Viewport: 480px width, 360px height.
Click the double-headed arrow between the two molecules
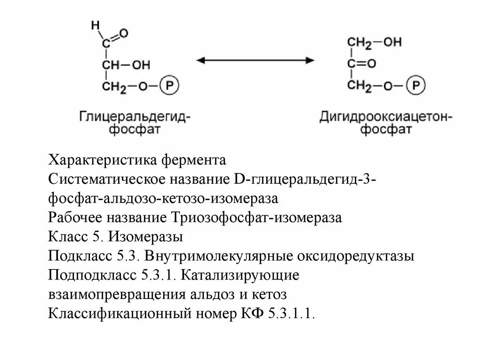[255, 60]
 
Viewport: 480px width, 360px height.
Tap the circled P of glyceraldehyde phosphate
[169, 86]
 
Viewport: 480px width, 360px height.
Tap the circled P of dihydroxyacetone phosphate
[415, 85]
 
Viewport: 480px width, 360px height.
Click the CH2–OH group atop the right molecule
[374, 42]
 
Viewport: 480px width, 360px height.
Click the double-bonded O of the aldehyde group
[124, 33]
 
